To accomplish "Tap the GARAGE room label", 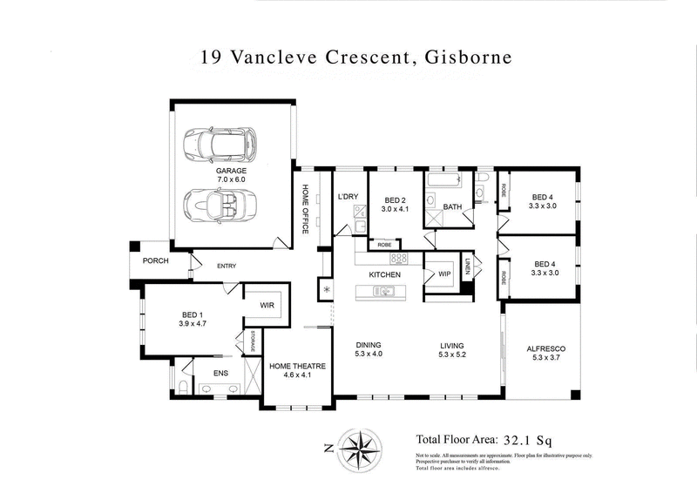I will pos(231,171).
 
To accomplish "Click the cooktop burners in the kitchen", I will pos(399,258).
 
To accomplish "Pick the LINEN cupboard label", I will pos(467,267).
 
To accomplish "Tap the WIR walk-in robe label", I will pos(267,306).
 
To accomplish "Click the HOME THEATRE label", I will pos(291,367).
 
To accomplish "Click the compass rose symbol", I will pos(359,448).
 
